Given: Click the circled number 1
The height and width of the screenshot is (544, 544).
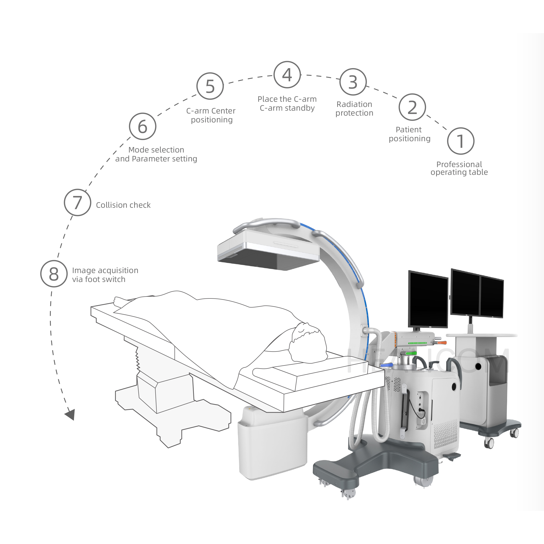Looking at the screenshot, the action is (x=461, y=141).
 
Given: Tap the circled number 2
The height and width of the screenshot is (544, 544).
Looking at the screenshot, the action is (x=412, y=107).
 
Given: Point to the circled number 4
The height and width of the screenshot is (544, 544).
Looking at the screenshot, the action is (x=287, y=75).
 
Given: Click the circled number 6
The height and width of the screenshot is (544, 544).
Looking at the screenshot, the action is (x=142, y=126).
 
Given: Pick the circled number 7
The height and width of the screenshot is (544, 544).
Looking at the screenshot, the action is (x=78, y=203).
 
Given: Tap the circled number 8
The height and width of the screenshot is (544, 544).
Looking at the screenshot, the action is (x=54, y=274).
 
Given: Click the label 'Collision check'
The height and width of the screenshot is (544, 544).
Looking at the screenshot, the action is (x=123, y=205).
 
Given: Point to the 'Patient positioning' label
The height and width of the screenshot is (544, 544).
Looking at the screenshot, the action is (x=409, y=134).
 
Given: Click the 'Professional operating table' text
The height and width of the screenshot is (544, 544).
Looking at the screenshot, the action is (x=459, y=168).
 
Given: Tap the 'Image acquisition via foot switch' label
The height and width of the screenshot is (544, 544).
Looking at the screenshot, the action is (x=105, y=275).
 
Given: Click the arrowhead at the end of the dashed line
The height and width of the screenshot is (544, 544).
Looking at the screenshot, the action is (x=70, y=414).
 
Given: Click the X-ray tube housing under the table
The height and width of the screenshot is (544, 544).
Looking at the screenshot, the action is (x=272, y=442).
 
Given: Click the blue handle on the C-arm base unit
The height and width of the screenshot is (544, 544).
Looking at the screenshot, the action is (x=386, y=365).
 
